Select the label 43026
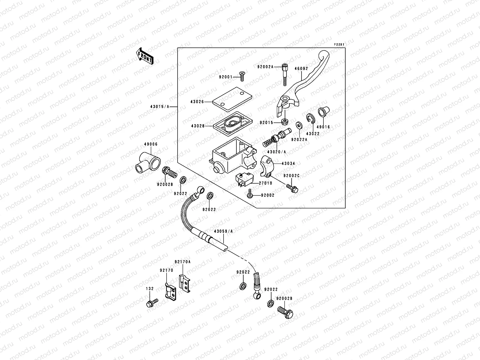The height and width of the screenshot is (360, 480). pyautogui.click(x=197, y=102)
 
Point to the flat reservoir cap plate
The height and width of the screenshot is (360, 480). pyautogui.click(x=230, y=97)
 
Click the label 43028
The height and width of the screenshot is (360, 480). pyautogui.click(x=197, y=126)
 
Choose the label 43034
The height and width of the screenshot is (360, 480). pyautogui.click(x=288, y=163)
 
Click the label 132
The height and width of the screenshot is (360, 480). pyautogui.click(x=150, y=289)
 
